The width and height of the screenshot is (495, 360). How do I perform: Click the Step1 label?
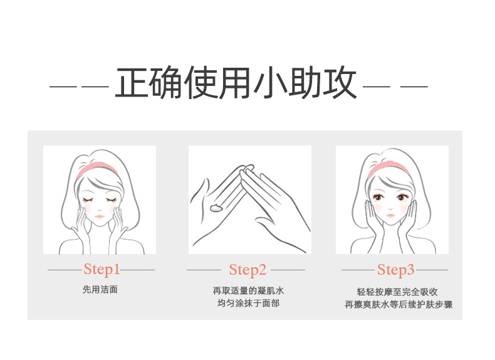point(102,270)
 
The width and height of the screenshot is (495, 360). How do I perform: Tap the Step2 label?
point(247,270)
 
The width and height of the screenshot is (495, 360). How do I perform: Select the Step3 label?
point(395,270)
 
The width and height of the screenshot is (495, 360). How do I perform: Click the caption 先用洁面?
point(100,290)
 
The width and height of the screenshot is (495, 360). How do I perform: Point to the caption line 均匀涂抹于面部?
point(248,304)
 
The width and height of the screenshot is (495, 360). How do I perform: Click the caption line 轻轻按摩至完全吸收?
point(397,292)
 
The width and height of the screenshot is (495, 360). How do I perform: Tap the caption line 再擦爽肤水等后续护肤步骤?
point(399,305)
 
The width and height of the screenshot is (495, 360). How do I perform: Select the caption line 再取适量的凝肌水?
point(248,290)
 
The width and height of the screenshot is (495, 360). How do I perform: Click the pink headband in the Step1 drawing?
point(96,166)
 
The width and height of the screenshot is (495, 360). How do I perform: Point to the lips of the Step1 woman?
point(100,216)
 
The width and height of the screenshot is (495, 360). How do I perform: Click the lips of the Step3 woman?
point(390,215)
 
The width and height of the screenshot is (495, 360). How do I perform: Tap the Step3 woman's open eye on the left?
point(378,197)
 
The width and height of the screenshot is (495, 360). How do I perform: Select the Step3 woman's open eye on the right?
point(402,198)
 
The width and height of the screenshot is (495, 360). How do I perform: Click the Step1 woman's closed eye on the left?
point(88,199)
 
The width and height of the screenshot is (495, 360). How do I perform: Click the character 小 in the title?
point(270,83)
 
